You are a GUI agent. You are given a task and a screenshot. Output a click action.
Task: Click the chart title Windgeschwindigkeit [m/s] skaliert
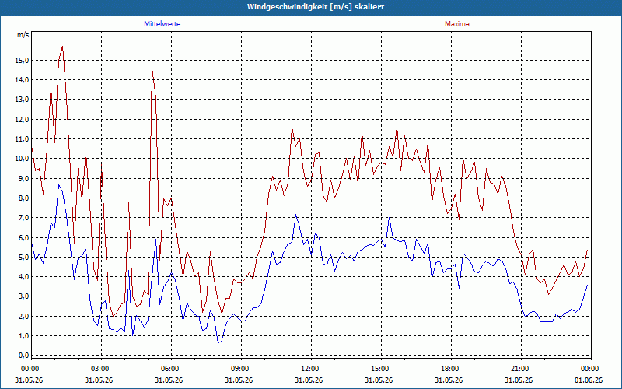click(316, 7)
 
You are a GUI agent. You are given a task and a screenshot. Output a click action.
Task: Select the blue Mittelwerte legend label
click(162, 24)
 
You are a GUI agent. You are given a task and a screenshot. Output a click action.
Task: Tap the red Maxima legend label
click(457, 24)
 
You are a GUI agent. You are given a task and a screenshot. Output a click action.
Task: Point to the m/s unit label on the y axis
click(23, 35)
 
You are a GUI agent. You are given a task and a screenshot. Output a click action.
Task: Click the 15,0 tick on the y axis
click(22, 61)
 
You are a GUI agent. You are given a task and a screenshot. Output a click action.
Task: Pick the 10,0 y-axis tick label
click(22, 159)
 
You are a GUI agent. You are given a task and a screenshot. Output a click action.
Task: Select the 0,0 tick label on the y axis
click(23, 356)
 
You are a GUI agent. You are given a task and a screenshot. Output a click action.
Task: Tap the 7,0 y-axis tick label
click(23, 218)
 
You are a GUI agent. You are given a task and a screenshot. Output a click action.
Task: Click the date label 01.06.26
click(589, 380)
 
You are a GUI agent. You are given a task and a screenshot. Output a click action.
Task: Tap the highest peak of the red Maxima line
click(63, 47)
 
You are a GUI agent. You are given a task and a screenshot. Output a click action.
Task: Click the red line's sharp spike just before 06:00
click(152, 68)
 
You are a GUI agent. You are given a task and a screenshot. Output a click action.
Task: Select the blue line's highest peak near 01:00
click(59, 185)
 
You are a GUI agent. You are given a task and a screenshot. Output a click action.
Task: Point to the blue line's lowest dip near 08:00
click(218, 343)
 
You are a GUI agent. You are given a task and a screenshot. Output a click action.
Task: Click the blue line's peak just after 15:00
click(390, 218)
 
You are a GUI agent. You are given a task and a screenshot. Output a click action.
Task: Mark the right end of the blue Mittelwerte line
click(587, 285)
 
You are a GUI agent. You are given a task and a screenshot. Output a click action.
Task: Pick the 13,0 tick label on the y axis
click(22, 100)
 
